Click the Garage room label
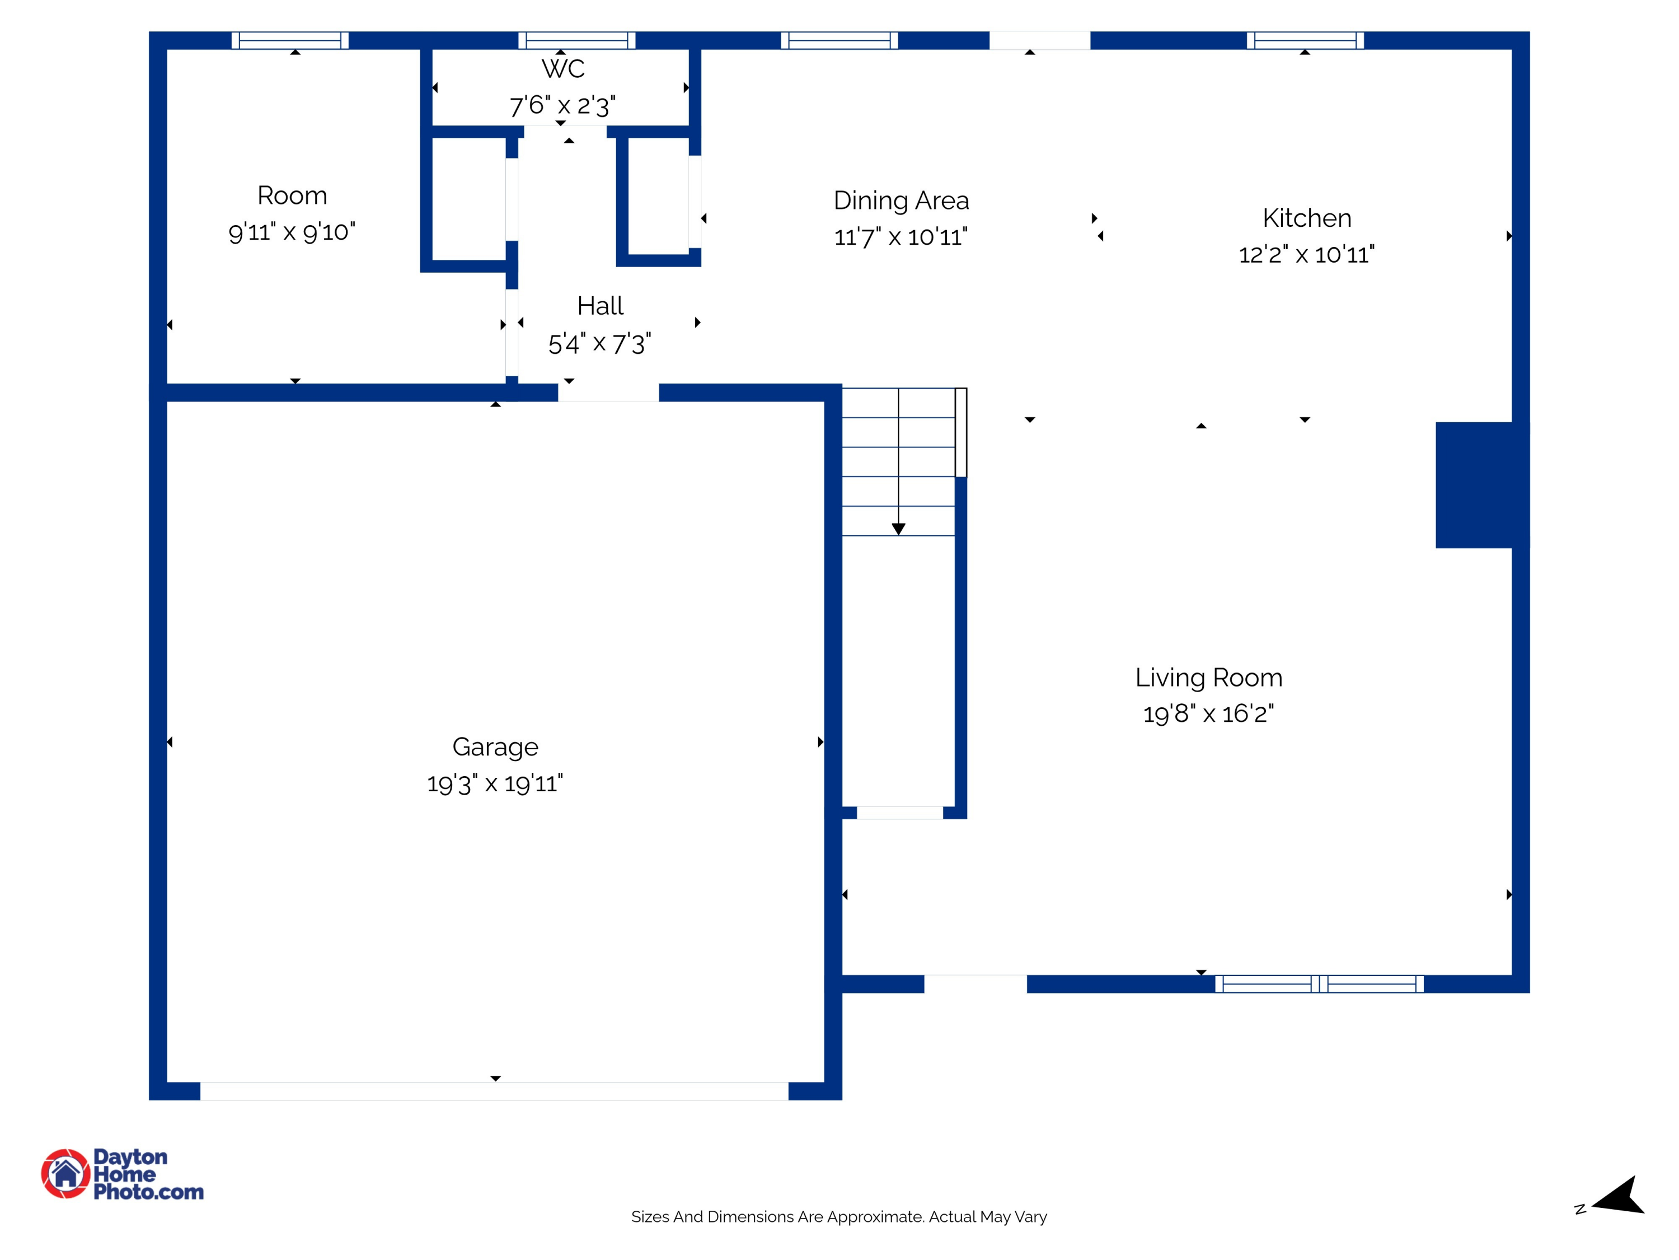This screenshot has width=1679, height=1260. [x=495, y=746]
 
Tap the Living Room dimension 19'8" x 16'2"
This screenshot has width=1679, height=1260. [x=1208, y=714]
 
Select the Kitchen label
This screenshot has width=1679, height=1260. [x=1306, y=218]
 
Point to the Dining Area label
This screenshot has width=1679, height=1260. [x=901, y=200]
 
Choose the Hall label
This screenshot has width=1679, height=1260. [x=599, y=305]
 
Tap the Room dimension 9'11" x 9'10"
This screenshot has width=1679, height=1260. [x=292, y=232]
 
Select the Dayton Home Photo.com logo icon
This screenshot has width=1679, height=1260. [x=65, y=1173]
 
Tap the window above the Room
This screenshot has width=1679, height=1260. [x=290, y=40]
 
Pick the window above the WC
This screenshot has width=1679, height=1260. [x=577, y=40]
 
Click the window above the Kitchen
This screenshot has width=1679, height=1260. [x=1305, y=40]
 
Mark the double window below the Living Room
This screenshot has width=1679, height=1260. [x=1319, y=983]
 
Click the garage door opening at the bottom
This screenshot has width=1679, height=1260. [x=494, y=1091]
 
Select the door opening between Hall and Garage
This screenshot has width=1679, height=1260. [x=608, y=393]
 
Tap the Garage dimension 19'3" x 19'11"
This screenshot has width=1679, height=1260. [x=495, y=783]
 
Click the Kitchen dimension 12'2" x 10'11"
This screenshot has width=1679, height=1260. [x=1306, y=254]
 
